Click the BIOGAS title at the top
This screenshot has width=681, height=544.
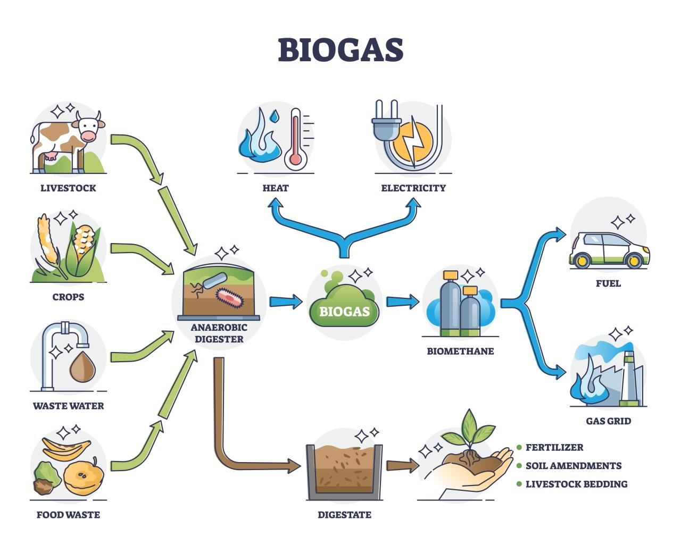(x=340, y=49)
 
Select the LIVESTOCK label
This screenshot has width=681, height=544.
(x=68, y=188)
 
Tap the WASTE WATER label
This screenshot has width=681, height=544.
(x=68, y=406)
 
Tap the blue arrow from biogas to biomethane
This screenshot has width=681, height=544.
(x=402, y=302)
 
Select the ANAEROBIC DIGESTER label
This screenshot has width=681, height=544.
(x=217, y=333)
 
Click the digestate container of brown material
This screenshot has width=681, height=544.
(x=344, y=471)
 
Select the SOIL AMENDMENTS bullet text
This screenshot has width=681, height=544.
(x=573, y=466)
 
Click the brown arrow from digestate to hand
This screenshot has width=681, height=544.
(x=402, y=466)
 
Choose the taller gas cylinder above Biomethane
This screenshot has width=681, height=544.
(x=451, y=303)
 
